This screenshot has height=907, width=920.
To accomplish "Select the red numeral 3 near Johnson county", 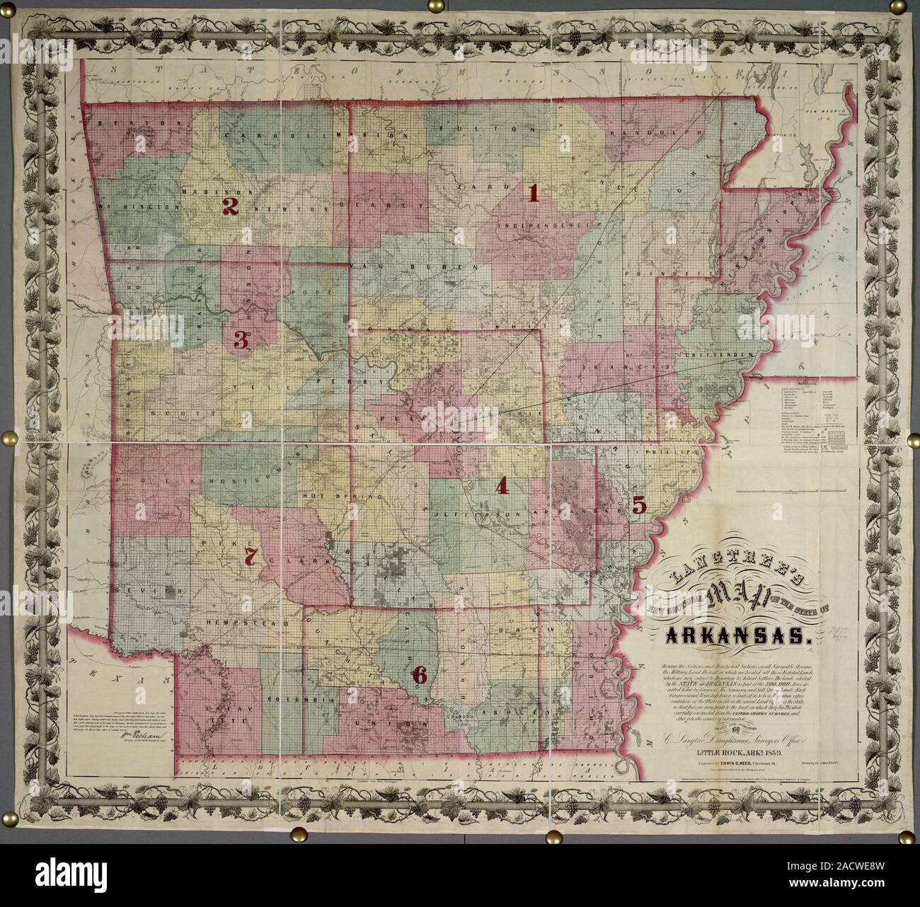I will (241, 341).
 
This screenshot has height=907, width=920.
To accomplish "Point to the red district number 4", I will (502, 485).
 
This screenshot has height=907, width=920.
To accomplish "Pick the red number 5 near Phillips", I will (638, 505).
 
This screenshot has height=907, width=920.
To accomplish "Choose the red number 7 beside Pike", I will (249, 556).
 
